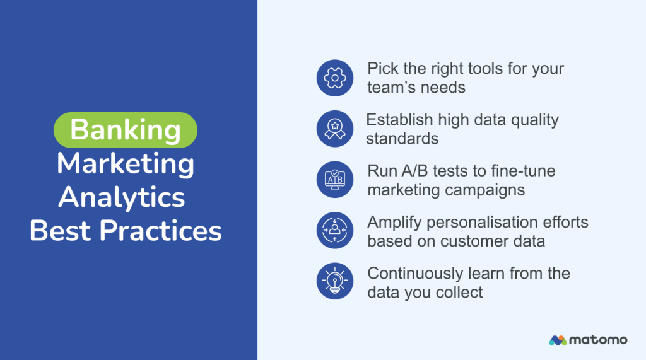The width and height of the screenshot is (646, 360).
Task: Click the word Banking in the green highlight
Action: [125, 130]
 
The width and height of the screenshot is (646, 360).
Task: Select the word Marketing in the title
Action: [125, 164]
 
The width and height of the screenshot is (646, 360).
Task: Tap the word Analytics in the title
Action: [122, 197]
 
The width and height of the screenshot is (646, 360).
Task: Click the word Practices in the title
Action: [161, 231]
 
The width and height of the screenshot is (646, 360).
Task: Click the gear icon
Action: [334, 78]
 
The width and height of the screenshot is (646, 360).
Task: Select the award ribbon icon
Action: [334, 129]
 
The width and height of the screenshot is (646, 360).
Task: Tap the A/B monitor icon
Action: [334, 180]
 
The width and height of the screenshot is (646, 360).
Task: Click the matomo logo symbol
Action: [558, 340]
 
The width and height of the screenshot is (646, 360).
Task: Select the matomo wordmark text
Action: [598, 340]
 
